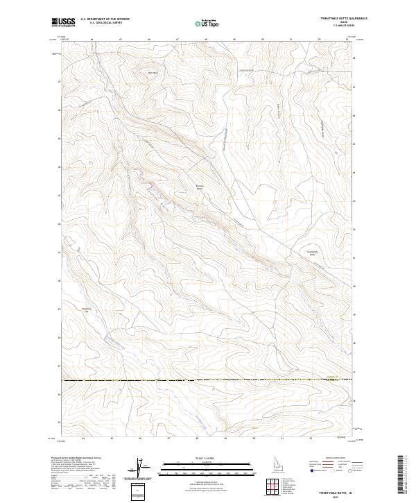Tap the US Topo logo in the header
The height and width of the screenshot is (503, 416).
207,22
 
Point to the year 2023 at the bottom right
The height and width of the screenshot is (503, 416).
333,495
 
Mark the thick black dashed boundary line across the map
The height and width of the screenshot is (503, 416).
208,380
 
